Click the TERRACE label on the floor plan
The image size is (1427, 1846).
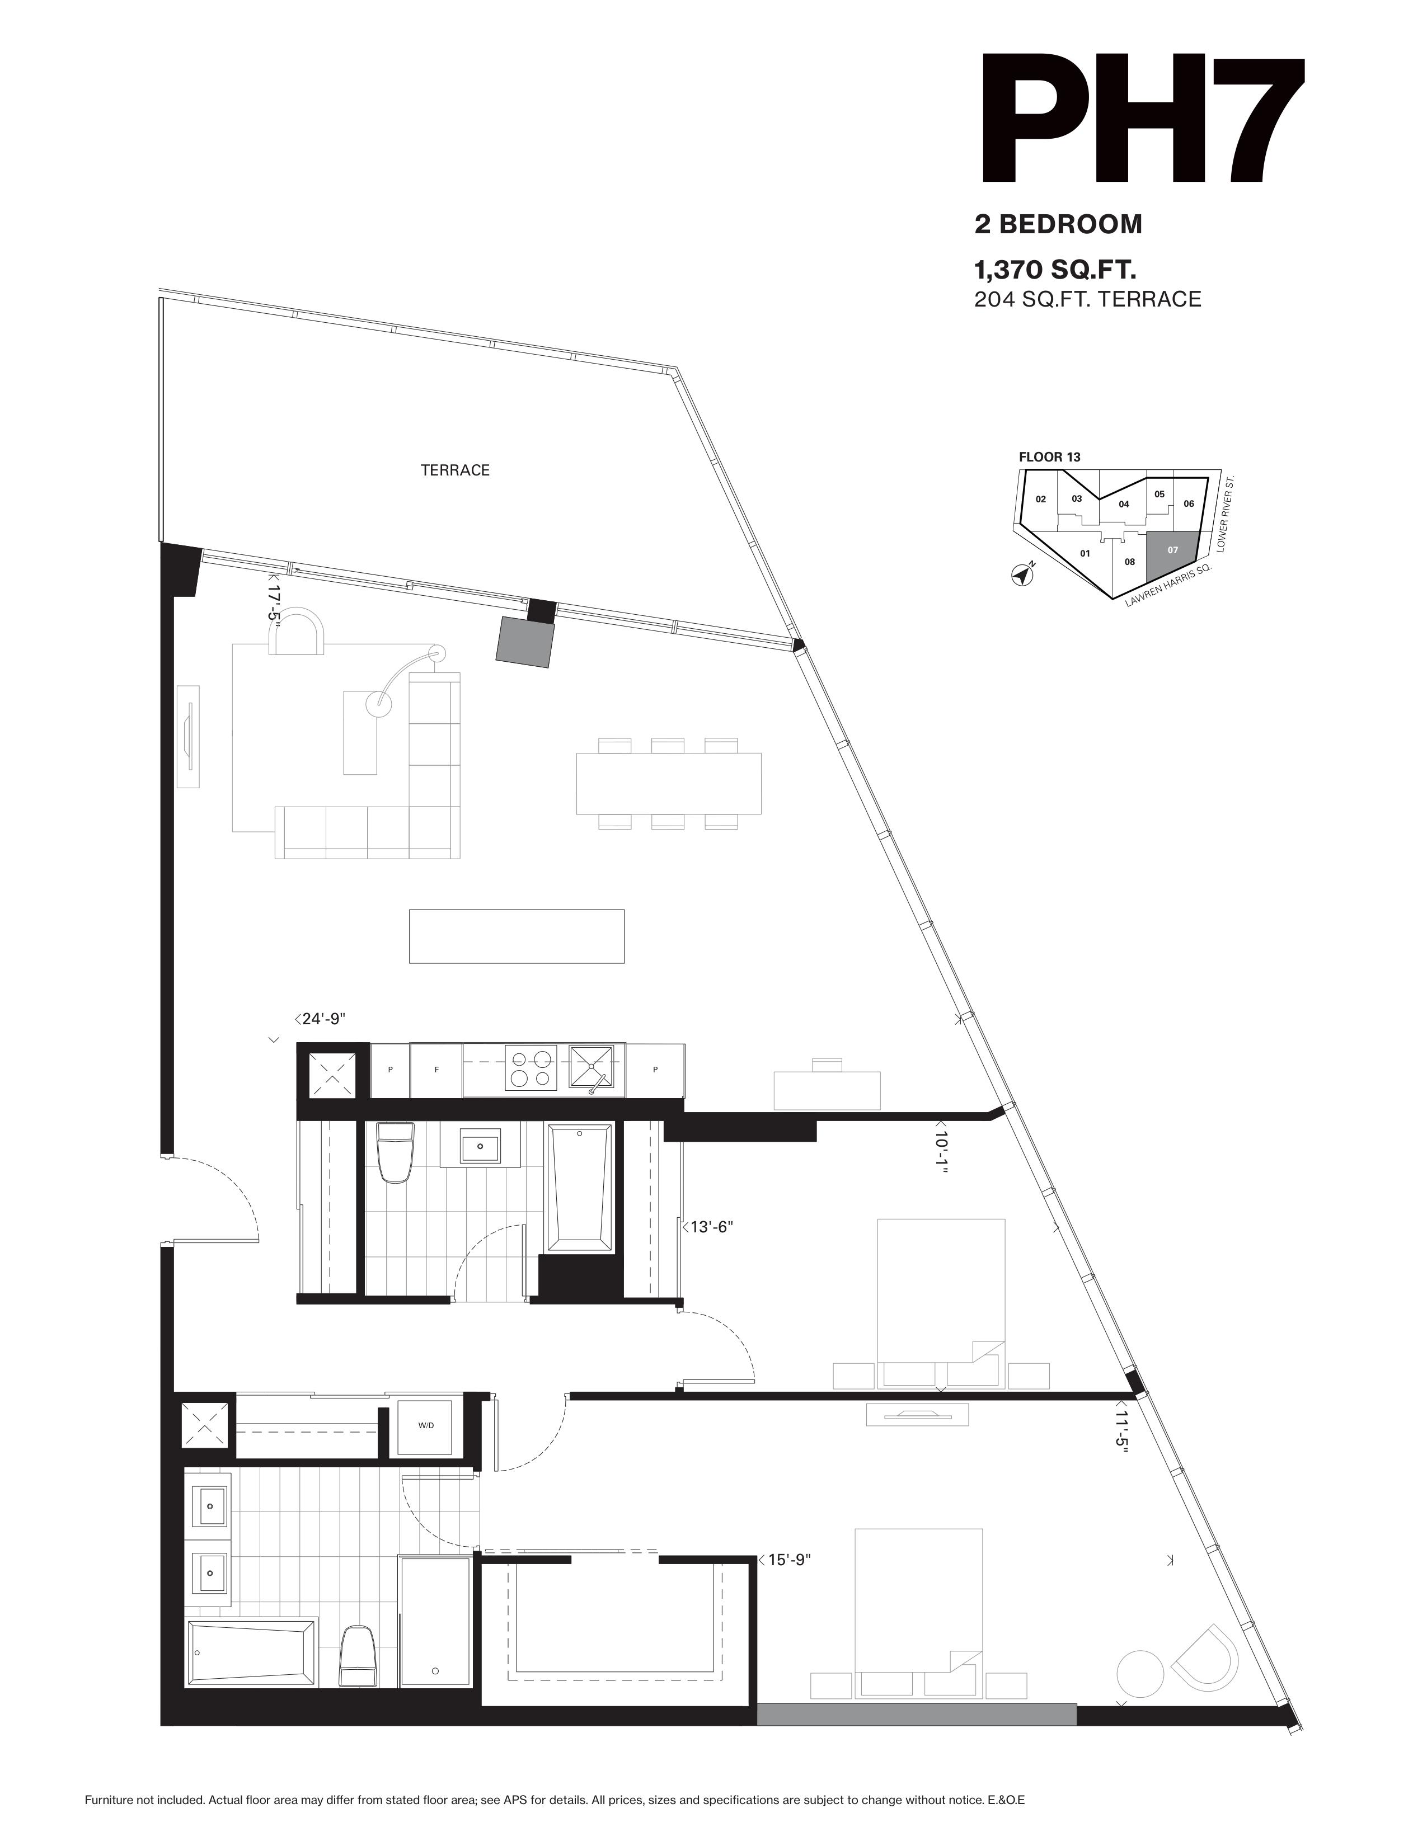click(455, 470)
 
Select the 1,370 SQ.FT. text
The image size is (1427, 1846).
click(1054, 271)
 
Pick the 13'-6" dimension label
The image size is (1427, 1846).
click(707, 1226)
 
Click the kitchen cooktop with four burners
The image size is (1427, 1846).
click(531, 1070)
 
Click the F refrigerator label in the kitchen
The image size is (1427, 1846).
click(436, 1070)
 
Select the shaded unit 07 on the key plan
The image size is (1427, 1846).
click(1172, 554)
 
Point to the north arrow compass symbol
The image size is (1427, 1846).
click(1023, 574)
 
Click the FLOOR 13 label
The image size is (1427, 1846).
click(1049, 457)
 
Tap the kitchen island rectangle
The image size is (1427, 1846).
click(517, 936)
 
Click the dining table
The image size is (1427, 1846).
click(669, 784)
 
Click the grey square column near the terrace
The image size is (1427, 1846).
click(526, 642)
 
